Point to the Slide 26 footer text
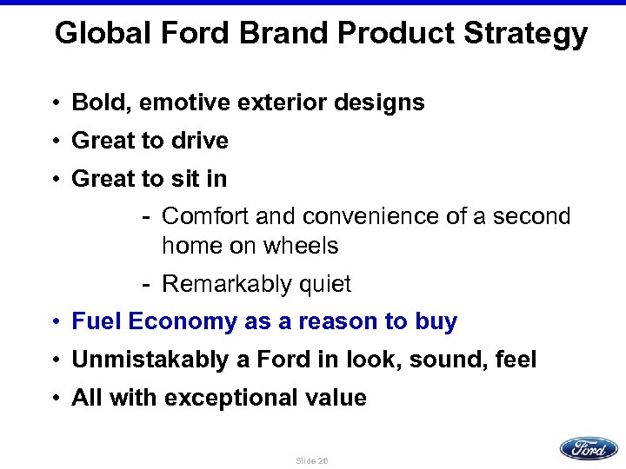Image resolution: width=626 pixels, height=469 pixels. (312, 459)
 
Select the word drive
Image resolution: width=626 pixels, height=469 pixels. (202, 141)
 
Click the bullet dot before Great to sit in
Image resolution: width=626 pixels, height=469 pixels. (55, 180)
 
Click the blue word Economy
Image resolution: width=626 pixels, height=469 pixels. (181, 322)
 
